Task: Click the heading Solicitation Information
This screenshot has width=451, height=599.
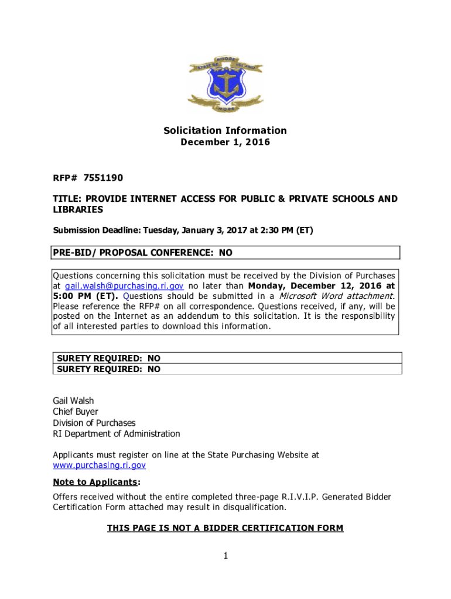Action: (225, 130)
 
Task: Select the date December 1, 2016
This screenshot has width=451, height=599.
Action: (225, 142)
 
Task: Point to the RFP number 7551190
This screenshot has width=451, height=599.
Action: (103, 177)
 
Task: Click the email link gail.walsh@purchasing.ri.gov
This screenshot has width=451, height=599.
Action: (124, 286)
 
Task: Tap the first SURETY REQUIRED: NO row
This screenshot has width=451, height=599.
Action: (108, 358)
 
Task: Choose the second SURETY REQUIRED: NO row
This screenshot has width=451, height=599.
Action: (108, 369)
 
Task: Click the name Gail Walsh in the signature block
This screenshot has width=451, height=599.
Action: (73, 401)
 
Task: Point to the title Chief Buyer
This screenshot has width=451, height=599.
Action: (76, 412)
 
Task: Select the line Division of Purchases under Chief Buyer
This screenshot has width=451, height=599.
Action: (94, 423)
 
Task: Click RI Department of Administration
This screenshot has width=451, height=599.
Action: (117, 433)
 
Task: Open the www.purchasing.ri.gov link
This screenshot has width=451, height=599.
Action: (99, 466)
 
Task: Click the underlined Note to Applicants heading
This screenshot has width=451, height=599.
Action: (95, 482)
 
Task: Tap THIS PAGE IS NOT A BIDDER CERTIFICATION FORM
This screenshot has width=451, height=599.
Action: (225, 528)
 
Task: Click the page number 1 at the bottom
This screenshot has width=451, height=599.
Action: (225, 556)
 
